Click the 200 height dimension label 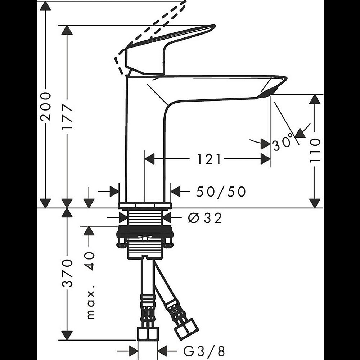pos(45,107)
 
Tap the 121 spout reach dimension pos(209,159)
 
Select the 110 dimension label pos(315,150)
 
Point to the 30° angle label pos(283,142)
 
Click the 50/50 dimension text pos(221,192)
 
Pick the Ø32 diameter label pos(205,218)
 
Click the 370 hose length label pos(67,273)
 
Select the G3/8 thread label pos(204,351)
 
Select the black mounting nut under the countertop pos(145,231)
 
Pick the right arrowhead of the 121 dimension pos(265,159)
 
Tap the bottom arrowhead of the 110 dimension pos(315,203)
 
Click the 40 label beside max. pos(91,261)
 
